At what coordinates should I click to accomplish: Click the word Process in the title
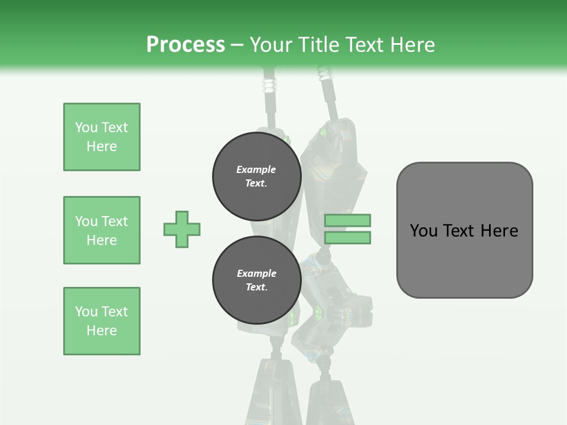pyautogui.click(x=185, y=45)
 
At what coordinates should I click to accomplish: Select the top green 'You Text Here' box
pyautogui.click(x=102, y=137)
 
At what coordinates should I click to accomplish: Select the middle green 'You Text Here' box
pyautogui.click(x=102, y=230)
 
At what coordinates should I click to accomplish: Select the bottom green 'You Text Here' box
pyautogui.click(x=102, y=321)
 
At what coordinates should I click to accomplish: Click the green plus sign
pyautogui.click(x=182, y=229)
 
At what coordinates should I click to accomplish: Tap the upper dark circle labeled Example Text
pyautogui.click(x=257, y=176)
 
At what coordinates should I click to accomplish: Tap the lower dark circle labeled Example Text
pyautogui.click(x=257, y=280)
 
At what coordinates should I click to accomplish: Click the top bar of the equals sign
pyautogui.click(x=347, y=220)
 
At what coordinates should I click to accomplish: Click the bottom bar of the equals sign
pyautogui.click(x=347, y=238)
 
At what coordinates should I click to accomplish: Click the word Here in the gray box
pyautogui.click(x=499, y=231)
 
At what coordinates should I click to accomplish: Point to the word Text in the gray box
pyautogui.click(x=460, y=231)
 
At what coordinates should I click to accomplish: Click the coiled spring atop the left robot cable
pyautogui.click(x=269, y=83)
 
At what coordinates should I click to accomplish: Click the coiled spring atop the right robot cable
pyautogui.click(x=324, y=74)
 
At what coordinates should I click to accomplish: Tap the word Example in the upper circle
pyautogui.click(x=256, y=169)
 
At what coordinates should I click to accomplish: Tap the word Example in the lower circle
pyautogui.click(x=256, y=273)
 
